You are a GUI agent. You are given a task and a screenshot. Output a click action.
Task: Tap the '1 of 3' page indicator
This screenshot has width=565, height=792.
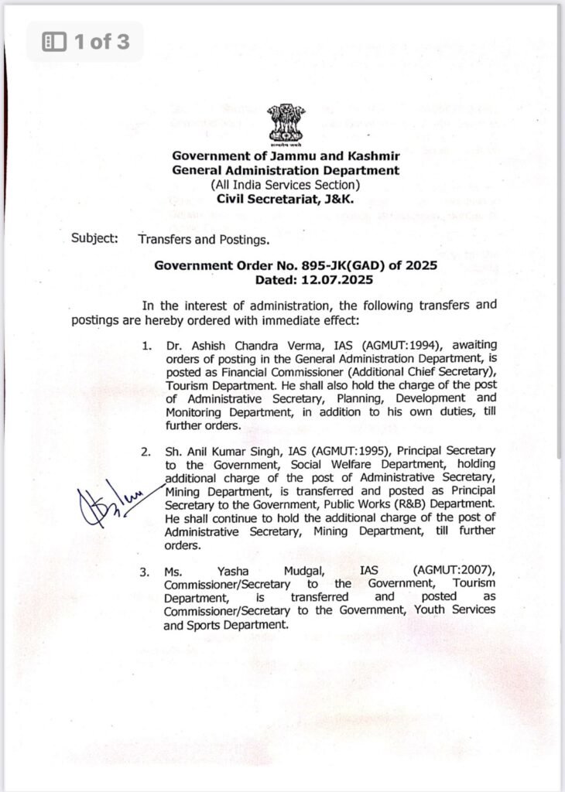click(x=85, y=41)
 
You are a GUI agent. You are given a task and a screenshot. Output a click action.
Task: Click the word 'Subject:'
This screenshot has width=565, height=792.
click(x=94, y=238)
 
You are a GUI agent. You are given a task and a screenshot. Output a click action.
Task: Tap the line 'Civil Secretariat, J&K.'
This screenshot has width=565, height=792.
click(x=285, y=199)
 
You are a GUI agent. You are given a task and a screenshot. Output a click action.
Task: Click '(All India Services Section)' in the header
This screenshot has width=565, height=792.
click(x=285, y=184)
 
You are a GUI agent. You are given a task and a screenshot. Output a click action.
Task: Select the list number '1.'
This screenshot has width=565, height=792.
click(x=147, y=344)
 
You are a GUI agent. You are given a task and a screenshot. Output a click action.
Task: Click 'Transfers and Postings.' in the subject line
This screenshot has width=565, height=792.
click(x=203, y=239)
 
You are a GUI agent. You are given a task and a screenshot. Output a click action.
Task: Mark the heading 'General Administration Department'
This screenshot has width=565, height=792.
click(x=285, y=170)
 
